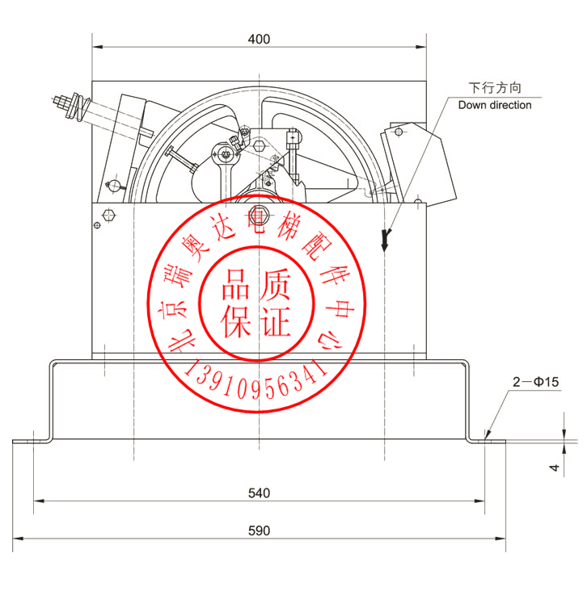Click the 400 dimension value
pyautogui.click(x=259, y=39)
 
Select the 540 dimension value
pyautogui.click(x=259, y=492)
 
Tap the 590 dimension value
pyautogui.click(x=259, y=530)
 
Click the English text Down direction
pyautogui.click(x=495, y=105)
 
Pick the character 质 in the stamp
pyautogui.click(x=275, y=287)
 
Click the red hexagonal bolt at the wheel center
pyautogui.click(x=259, y=216)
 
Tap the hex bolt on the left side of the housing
pyautogui.click(x=109, y=216)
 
